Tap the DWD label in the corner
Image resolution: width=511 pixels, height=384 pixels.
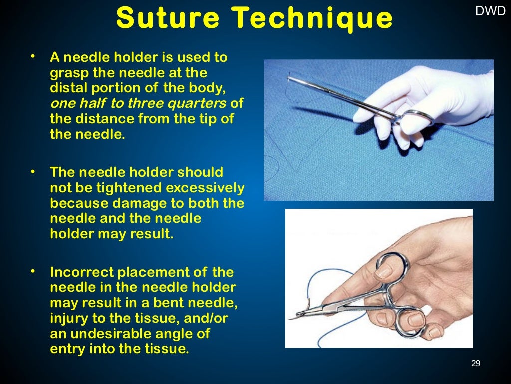(x=490, y=11)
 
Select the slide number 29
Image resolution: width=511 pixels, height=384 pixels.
(x=475, y=363)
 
